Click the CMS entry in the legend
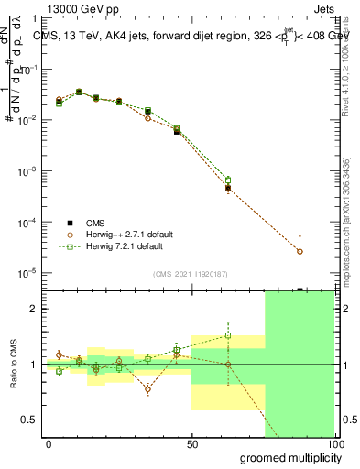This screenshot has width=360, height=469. click(96, 223)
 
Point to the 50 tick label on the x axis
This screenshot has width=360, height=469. click(191, 443)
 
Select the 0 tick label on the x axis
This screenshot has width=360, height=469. click(49, 443)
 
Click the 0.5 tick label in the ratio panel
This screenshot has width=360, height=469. click(29, 420)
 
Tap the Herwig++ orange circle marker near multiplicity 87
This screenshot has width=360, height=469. click(300, 251)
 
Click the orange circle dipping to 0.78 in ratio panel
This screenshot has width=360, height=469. click(147, 388)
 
